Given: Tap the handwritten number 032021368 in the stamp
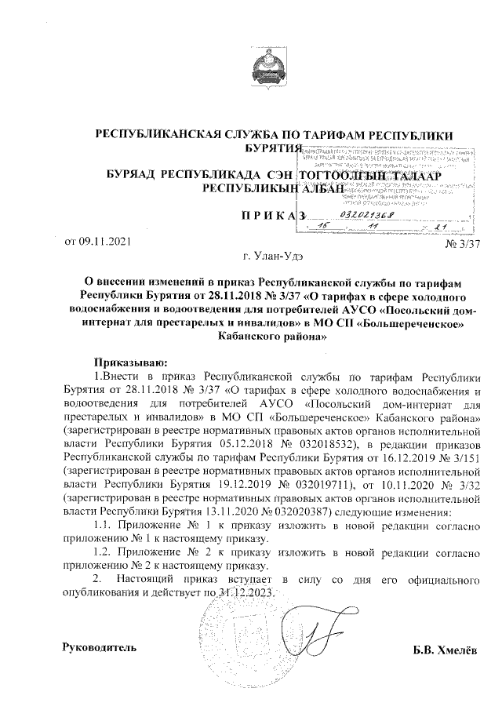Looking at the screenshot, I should [x=369, y=213].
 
